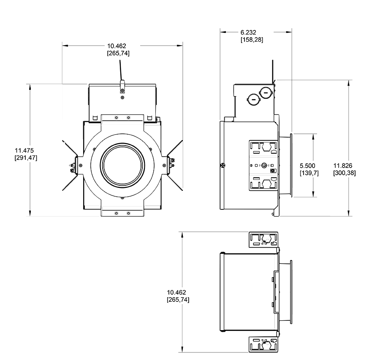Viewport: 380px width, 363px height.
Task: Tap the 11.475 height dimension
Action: tap(24, 154)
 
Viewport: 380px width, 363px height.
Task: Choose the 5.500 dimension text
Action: tap(308, 169)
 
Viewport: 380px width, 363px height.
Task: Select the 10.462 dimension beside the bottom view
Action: tap(178, 295)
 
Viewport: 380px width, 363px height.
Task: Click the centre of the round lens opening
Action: tap(122, 165)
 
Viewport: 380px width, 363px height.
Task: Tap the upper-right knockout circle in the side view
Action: tap(265, 92)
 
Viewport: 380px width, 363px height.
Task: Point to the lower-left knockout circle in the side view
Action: tap(252, 100)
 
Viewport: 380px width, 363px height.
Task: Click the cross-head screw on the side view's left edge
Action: tap(223, 165)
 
